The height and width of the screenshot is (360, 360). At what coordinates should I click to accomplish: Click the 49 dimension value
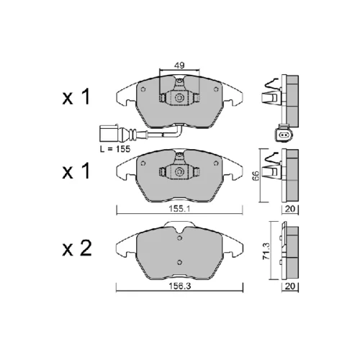(x=179, y=65)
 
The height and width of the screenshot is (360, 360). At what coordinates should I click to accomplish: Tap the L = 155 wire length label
(x=115, y=149)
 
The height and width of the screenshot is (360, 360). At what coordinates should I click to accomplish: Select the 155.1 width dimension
(x=179, y=209)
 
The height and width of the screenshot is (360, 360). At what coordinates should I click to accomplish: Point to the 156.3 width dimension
(x=179, y=286)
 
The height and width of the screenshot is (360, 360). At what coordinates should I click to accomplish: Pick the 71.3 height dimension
(x=266, y=251)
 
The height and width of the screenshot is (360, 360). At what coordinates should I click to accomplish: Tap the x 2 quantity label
(x=77, y=248)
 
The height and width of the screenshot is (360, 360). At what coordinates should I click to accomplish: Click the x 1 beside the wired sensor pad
(x=76, y=96)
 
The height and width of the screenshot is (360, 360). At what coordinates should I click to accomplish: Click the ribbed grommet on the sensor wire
(x=132, y=134)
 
